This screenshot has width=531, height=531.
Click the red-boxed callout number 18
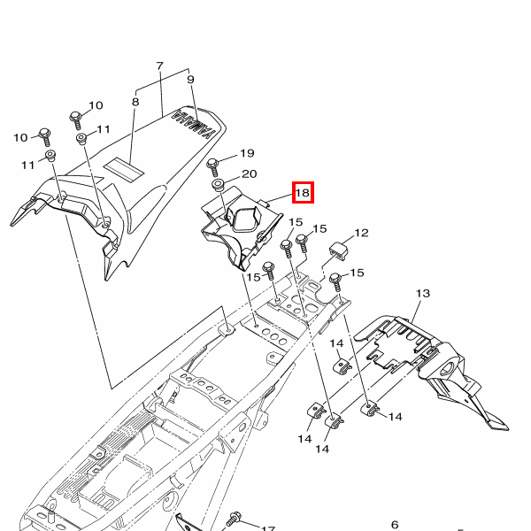[x=303, y=193]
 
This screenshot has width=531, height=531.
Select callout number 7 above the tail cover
[x=160, y=65]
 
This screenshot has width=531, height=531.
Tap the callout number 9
[x=190, y=80]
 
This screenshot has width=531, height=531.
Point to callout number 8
[x=135, y=102]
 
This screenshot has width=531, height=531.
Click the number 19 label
[x=247, y=153]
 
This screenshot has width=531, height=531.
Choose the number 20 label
[x=250, y=173]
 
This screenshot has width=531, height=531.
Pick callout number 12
[x=361, y=233]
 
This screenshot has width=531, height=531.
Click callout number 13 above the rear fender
[x=423, y=293]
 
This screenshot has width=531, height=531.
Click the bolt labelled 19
[x=213, y=167]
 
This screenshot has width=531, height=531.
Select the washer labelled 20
[x=219, y=185]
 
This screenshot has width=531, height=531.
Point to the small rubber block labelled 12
[x=339, y=251]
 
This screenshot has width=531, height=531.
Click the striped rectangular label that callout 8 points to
[x=124, y=168]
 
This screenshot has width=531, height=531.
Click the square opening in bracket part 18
[x=245, y=219]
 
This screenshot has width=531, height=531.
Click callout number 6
[x=395, y=525]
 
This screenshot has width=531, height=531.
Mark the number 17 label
[x=268, y=528]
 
